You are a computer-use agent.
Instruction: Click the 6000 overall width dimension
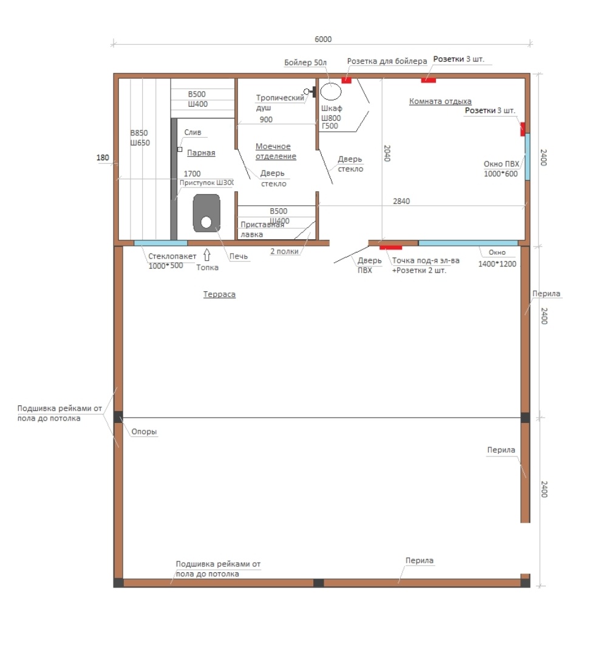323,39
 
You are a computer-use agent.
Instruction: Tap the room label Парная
201,153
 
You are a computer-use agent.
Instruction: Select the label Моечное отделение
276,152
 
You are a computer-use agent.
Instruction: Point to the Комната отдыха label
440,101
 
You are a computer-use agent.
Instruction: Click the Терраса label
219,294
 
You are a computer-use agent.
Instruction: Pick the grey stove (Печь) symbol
206,213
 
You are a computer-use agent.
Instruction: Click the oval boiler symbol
331,92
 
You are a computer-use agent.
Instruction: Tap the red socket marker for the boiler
346,81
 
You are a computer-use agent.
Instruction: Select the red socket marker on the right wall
523,129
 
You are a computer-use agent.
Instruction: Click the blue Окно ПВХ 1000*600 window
527,157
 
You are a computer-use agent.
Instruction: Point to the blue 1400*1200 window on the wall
468,243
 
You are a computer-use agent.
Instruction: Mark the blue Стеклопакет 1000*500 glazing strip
160,243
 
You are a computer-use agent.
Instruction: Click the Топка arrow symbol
207,254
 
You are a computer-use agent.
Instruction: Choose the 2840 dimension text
401,202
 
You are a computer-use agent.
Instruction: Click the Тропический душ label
280,103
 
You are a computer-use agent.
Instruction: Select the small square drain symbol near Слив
180,149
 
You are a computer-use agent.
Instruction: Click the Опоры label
144,432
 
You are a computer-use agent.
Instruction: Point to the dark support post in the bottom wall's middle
318,583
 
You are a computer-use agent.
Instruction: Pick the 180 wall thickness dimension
103,158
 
